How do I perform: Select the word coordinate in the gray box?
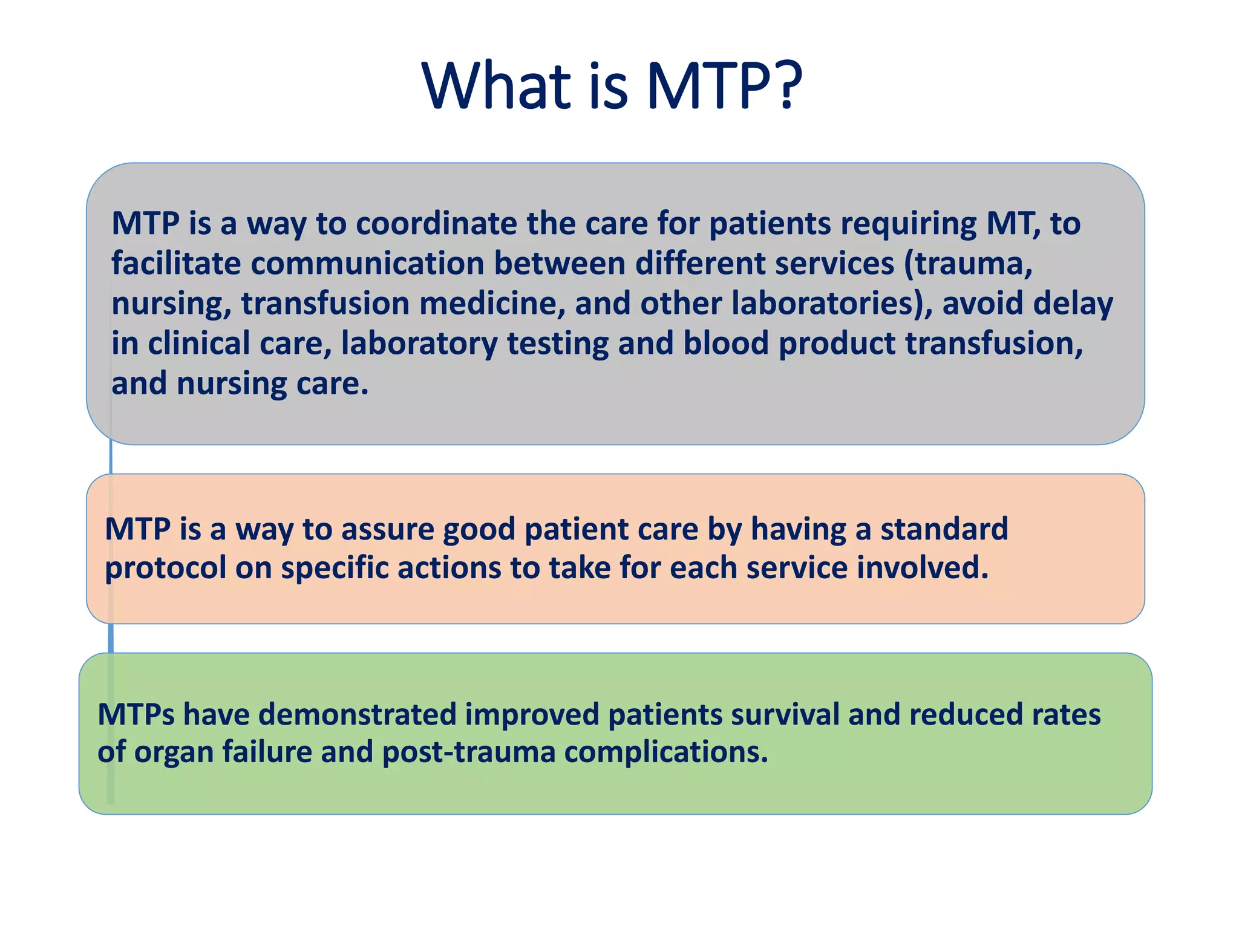[436, 224]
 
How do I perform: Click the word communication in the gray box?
[367, 264]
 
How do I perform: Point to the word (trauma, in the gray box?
[968, 264]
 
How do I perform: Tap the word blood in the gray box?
[725, 344]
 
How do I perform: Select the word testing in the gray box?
[557, 344]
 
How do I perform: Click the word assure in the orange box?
[387, 529]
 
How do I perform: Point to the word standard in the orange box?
[944, 529]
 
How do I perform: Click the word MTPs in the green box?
[136, 714]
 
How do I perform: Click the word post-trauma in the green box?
[468, 753]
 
